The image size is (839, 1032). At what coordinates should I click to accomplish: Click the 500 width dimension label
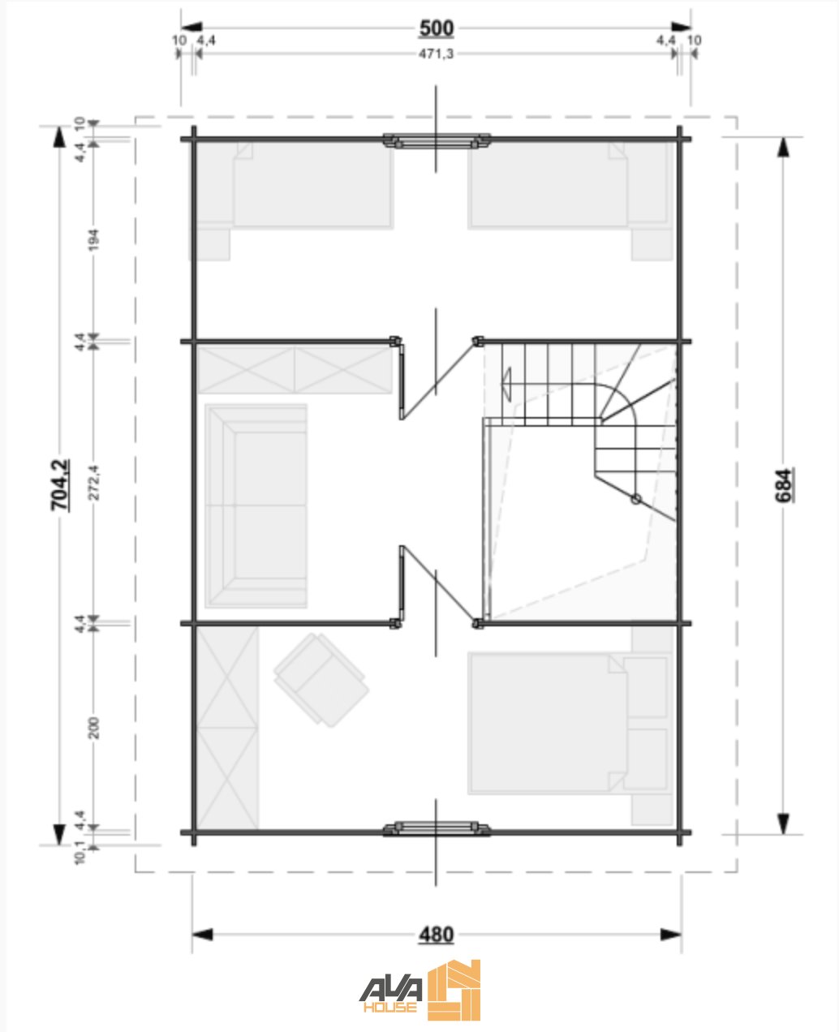point(436,28)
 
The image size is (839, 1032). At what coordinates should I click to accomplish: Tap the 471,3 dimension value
point(436,54)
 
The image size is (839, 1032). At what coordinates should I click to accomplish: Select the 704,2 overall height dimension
point(60,485)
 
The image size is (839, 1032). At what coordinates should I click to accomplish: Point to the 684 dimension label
point(784,485)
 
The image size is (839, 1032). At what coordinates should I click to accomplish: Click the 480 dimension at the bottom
point(436,935)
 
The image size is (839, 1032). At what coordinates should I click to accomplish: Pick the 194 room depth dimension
point(93,240)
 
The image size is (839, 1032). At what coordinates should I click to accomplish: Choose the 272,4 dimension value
point(93,483)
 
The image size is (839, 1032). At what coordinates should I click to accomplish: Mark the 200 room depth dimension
point(93,729)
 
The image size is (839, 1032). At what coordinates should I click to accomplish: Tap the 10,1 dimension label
point(80,854)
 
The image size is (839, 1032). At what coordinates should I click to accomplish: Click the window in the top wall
point(437,140)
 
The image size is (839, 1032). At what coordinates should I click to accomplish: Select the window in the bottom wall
point(437,828)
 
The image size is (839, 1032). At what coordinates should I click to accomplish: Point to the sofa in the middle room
point(256,505)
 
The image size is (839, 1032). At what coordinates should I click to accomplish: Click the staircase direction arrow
point(506,385)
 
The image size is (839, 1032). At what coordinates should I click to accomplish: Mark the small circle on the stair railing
point(636,499)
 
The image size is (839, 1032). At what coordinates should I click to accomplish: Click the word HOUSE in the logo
point(390,1008)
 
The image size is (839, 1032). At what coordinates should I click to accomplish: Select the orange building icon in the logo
point(454,990)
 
